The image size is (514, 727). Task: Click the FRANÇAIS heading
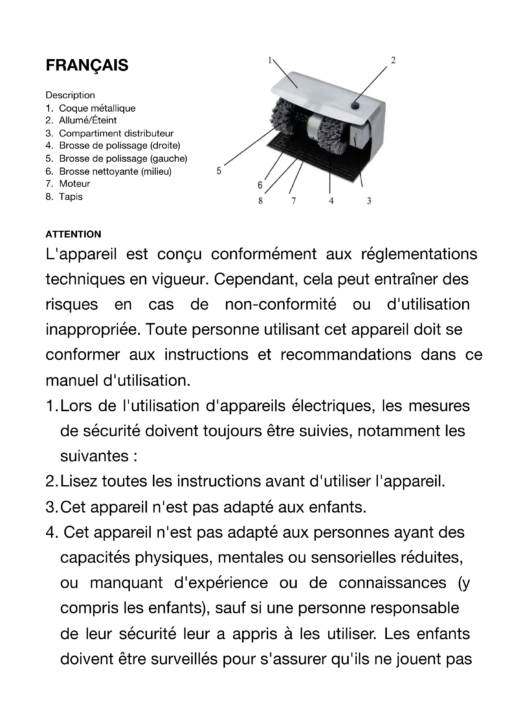(87, 66)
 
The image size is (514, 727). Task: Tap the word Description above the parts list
(70, 95)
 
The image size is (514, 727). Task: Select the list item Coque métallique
(97, 108)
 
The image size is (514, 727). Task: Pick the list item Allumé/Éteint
(88, 120)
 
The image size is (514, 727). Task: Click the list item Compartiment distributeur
(116, 133)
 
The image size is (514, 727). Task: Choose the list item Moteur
(74, 184)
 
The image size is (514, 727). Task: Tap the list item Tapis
(71, 197)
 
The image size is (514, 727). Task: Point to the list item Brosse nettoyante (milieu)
(115, 171)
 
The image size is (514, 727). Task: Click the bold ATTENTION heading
(73, 234)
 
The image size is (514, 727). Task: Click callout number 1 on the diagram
(270, 60)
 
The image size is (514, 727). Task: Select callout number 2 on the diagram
(393, 60)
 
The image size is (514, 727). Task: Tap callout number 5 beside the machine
(219, 171)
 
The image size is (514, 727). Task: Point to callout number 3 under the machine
(369, 201)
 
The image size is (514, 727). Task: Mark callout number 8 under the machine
(260, 201)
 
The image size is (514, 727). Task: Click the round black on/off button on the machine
(354, 104)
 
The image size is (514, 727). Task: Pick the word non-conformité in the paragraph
(280, 305)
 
